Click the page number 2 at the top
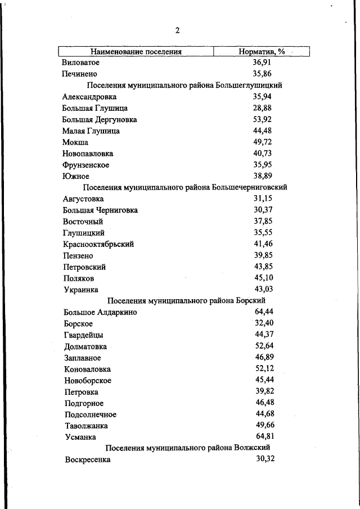(177, 30)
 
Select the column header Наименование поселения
(136, 52)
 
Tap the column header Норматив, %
(262, 52)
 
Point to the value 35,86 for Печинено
(262, 74)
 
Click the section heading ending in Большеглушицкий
(184, 85)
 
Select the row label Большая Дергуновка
(100, 120)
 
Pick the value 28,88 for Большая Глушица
(262, 107)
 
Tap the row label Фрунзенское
(86, 165)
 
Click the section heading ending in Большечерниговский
(185, 187)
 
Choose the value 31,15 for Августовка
(263, 199)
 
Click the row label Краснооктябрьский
(98, 245)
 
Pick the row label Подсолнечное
(91, 415)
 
